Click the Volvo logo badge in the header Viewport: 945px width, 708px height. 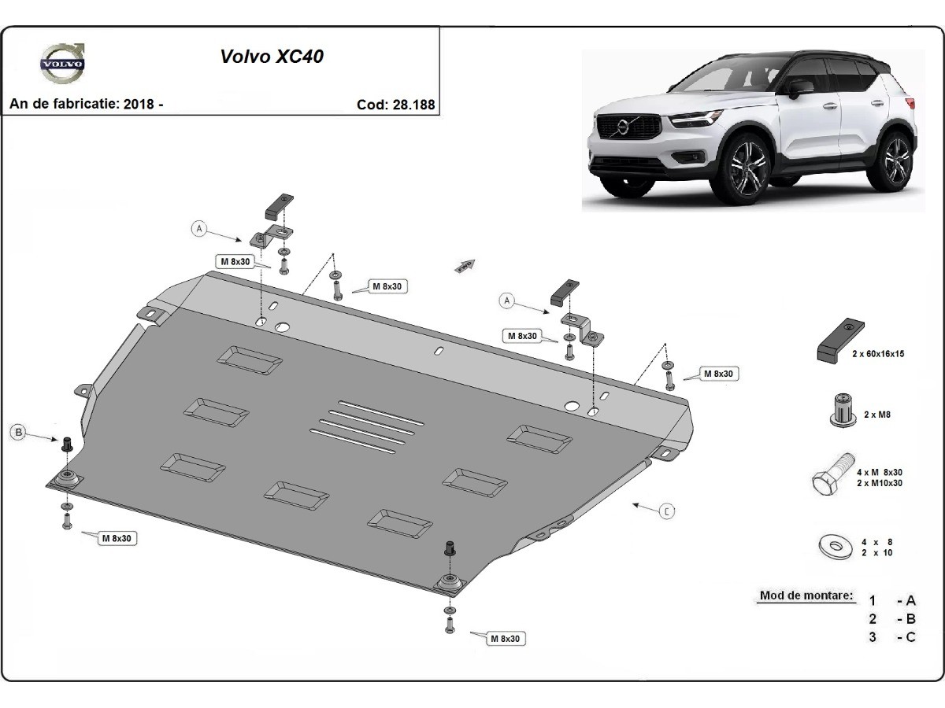[63, 63]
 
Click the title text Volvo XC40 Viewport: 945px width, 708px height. [272, 57]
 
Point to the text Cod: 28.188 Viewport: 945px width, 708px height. [395, 105]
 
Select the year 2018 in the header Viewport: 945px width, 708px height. [139, 104]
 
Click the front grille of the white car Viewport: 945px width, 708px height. [629, 126]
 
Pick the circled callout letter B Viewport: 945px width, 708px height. [19, 432]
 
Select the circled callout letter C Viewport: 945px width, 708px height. [667, 511]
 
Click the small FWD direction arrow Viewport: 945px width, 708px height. [465, 266]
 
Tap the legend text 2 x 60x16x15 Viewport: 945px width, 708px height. [878, 354]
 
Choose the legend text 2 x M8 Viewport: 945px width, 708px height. [877, 415]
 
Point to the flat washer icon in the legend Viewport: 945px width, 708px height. [836, 547]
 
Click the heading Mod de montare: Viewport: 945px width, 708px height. [806, 596]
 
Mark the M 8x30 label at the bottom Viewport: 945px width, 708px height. [506, 639]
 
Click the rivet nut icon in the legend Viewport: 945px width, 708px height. [842, 411]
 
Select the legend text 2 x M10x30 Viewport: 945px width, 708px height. [880, 483]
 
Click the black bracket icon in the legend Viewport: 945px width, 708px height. [840, 341]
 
